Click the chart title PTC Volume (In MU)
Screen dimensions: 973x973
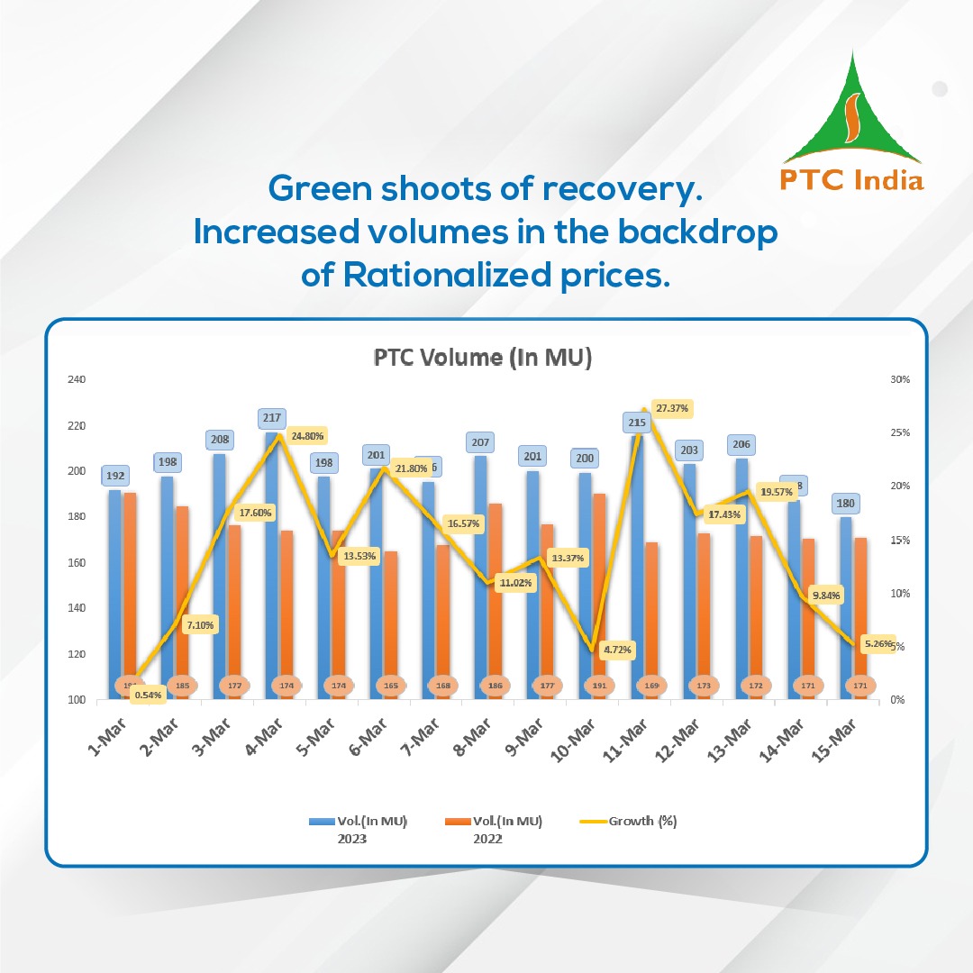[x=483, y=358]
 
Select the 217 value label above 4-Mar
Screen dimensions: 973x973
[x=272, y=418]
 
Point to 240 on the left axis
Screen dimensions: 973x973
[x=76, y=379]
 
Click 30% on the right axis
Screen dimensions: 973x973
[x=899, y=379]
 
